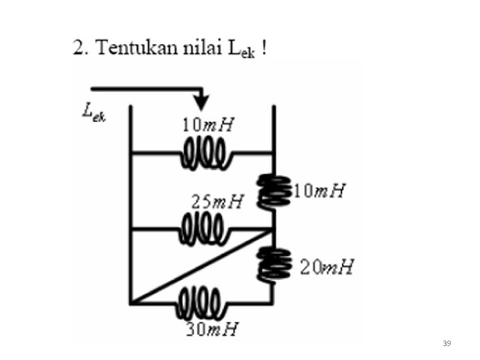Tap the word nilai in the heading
tap(201, 49)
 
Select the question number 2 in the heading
tap(79, 49)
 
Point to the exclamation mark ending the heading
tap(265, 49)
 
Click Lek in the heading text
tap(241, 50)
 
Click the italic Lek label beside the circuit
tap(94, 113)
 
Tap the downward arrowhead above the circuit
tap(201, 102)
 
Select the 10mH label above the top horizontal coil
tap(209, 125)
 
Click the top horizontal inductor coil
tap(206, 156)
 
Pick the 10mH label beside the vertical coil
tap(319, 191)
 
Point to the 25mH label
tap(217, 201)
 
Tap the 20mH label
tap(327, 268)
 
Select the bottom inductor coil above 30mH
tap(201, 302)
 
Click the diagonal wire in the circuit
tap(200, 267)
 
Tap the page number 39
tap(447, 343)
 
